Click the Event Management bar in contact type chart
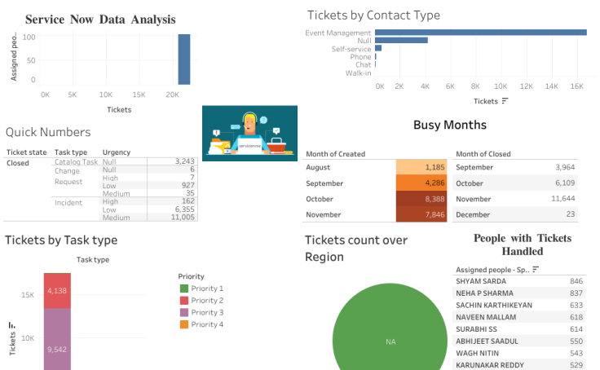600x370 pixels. (x=481, y=33)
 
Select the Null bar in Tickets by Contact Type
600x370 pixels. (x=401, y=40)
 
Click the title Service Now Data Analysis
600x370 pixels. (x=100, y=19)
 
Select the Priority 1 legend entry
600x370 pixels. (x=204, y=289)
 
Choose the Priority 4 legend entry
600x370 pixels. (x=204, y=325)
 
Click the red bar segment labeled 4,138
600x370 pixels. (x=57, y=290)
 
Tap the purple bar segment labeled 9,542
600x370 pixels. (x=57, y=349)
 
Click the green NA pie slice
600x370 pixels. (x=390, y=341)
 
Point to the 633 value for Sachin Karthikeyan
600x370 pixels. (x=576, y=305)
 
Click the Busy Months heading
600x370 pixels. (x=449, y=125)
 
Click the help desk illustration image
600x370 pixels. (x=249, y=133)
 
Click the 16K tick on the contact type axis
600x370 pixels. (x=576, y=86)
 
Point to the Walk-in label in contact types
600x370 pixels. (x=358, y=73)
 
